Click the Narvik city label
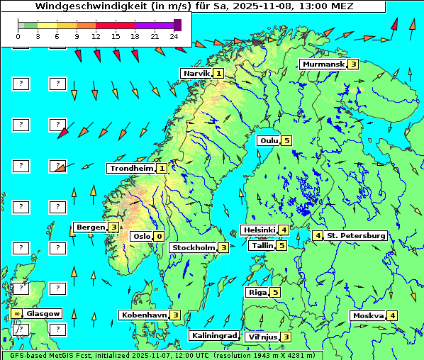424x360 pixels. [x=197, y=73]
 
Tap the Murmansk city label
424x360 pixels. [x=323, y=64]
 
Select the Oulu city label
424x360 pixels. [x=267, y=140]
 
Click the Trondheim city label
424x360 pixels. [x=131, y=168]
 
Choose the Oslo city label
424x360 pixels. [x=141, y=236]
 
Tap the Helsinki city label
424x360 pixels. [x=258, y=230]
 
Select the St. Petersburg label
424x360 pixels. [x=355, y=235]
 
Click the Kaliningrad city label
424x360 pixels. [x=213, y=335]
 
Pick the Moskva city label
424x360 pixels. [x=368, y=315]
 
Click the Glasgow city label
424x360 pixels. [x=43, y=313]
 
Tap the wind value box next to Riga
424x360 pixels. [x=275, y=292]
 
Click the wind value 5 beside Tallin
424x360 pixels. [x=281, y=245]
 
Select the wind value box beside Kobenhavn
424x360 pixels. [x=175, y=315]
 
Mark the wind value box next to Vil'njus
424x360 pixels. [x=286, y=337]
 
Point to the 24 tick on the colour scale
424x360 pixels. [x=173, y=35]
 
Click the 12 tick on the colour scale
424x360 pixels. [x=96, y=35]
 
